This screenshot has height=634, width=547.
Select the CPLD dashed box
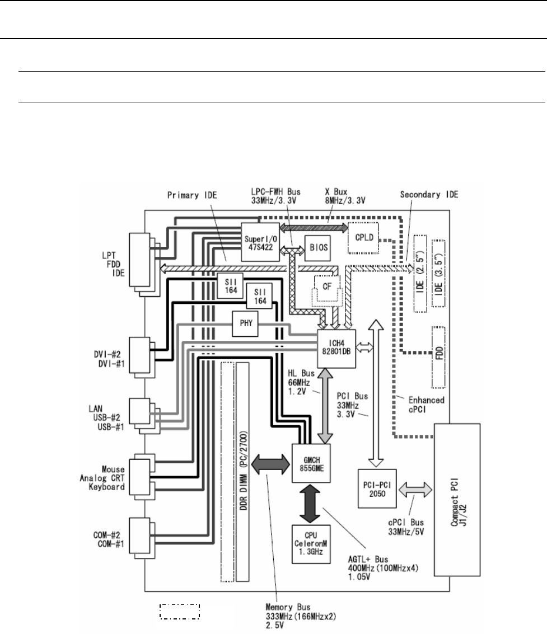coord(363,238)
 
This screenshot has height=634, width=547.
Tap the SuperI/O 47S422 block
coord(260,242)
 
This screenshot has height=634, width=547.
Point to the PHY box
coord(245,323)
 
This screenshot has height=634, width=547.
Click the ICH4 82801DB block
coord(336,349)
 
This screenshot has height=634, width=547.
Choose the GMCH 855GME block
coord(311,463)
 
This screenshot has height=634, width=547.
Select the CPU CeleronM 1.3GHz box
coord(311,544)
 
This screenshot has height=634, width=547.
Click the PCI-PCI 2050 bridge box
coord(377,489)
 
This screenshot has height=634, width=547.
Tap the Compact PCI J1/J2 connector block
coord(457,500)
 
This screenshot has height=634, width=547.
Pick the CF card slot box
coord(327,288)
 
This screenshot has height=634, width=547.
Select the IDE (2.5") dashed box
coord(420,274)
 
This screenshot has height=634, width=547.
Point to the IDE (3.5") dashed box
coord(438,273)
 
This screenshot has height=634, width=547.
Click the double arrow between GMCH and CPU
coord(311,504)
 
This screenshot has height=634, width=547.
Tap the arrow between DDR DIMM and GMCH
coord(270,463)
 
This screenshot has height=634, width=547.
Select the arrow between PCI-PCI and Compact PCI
coord(415,490)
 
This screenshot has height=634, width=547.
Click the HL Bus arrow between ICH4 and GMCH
coord(325,406)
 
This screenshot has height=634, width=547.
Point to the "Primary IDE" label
coord(192,195)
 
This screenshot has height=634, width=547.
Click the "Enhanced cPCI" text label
coord(427,405)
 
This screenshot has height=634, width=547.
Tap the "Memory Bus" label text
coord(288,607)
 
